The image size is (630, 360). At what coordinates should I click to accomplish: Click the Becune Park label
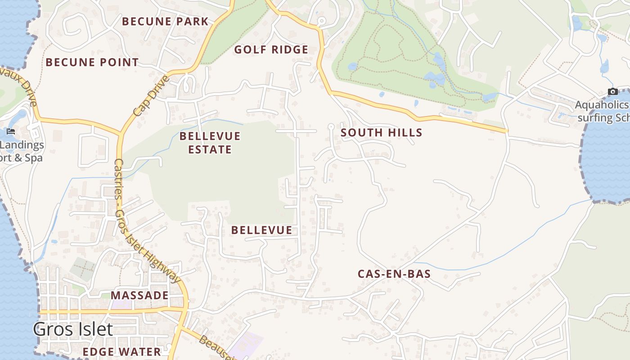pyautogui.click(x=165, y=21)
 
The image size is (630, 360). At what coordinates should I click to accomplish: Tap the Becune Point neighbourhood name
pyautogui.click(x=92, y=62)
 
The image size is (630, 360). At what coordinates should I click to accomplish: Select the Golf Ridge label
pyautogui.click(x=271, y=49)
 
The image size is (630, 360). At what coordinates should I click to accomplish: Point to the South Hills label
pyautogui.click(x=381, y=132)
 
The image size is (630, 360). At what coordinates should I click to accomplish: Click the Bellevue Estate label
pyautogui.click(x=210, y=142)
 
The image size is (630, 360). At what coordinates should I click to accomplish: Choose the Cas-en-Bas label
pyautogui.click(x=394, y=274)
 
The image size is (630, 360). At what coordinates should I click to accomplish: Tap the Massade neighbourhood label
pyautogui.click(x=139, y=295)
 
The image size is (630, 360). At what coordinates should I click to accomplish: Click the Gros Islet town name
pyautogui.click(x=72, y=329)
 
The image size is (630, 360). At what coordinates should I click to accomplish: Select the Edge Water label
pyautogui.click(x=122, y=351)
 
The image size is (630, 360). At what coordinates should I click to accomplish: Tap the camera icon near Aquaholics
pyautogui.click(x=612, y=91)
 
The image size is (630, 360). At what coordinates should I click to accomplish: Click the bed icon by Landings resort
pyautogui.click(x=11, y=131)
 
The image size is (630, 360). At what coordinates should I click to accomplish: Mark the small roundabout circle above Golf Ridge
pyautogui.click(x=321, y=21)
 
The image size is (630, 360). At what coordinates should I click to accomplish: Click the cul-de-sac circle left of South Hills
pyautogui.click(x=331, y=126)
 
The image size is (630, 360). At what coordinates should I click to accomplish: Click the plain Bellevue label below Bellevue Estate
pyautogui.click(x=261, y=230)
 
